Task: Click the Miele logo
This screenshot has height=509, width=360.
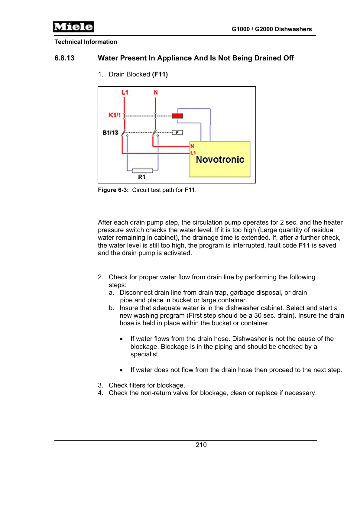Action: tap(73, 27)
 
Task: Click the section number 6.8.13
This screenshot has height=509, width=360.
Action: tap(64, 58)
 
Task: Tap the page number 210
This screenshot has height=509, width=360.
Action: tap(201, 445)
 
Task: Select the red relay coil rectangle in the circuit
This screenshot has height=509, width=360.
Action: tap(177, 116)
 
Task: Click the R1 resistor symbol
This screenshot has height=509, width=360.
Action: tap(143, 170)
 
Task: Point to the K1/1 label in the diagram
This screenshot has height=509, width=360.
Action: tap(115, 115)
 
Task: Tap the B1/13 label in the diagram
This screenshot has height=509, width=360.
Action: tap(110, 133)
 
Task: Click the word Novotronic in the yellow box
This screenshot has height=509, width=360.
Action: tap(220, 159)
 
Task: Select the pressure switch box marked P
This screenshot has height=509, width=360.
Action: tap(177, 132)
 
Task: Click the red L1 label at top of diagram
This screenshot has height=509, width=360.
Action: tap(125, 92)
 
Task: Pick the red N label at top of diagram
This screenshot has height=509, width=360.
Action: tap(156, 92)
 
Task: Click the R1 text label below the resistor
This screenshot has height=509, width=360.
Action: tap(142, 177)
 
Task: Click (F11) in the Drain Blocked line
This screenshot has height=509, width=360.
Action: tap(160, 74)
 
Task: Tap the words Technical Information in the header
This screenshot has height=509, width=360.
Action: tap(86, 42)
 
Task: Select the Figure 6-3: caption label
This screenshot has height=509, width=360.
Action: tap(113, 190)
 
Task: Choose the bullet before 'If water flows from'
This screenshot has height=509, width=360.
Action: tap(121, 339)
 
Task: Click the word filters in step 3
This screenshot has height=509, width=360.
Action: tap(138, 385)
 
